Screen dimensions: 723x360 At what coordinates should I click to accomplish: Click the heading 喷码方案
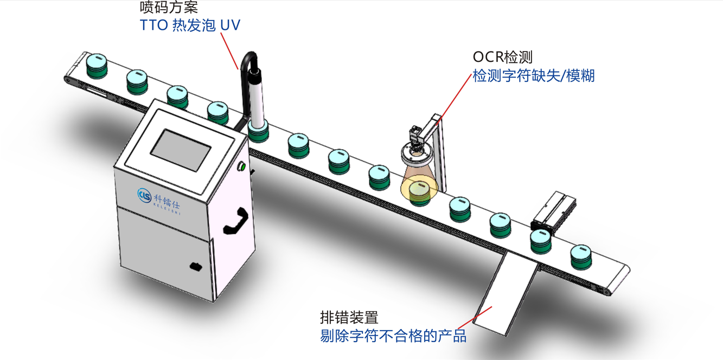click(169, 7)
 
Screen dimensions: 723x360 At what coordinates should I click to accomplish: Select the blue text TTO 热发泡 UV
click(190, 25)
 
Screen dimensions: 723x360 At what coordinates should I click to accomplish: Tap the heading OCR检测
click(503, 57)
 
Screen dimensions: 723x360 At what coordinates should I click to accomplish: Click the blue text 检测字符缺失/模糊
click(534, 76)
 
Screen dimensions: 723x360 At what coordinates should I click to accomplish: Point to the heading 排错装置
click(349, 317)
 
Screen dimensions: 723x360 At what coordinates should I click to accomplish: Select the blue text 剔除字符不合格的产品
click(393, 336)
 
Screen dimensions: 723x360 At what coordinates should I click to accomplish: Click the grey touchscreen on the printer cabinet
click(181, 150)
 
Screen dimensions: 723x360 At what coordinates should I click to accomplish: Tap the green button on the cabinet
click(241, 166)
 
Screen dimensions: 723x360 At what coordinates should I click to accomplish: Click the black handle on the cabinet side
click(236, 221)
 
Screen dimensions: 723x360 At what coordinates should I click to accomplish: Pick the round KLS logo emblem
click(144, 196)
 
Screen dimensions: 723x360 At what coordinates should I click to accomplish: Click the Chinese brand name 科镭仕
click(167, 201)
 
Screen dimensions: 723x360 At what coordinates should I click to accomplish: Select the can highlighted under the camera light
click(420, 193)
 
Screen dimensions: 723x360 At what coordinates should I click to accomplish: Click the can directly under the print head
click(258, 132)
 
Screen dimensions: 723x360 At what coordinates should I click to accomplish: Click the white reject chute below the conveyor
click(505, 293)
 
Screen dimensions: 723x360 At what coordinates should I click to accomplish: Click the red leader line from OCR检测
click(454, 99)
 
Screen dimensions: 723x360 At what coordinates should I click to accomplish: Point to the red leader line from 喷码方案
click(229, 51)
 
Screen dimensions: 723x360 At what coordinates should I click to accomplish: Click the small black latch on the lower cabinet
click(196, 266)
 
